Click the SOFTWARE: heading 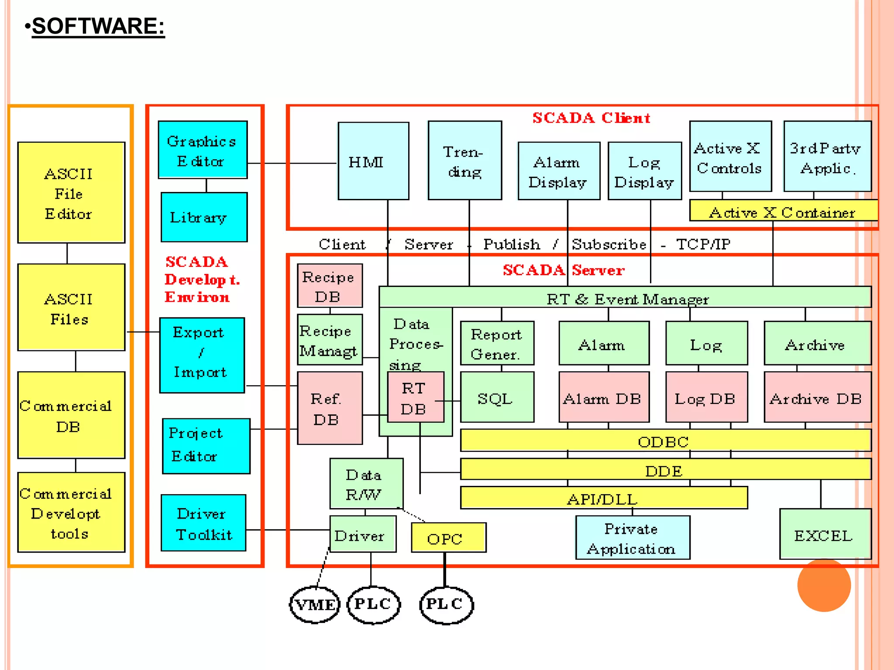(x=98, y=26)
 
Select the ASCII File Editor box (x=71, y=192)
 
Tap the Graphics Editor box (x=203, y=150)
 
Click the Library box (x=204, y=217)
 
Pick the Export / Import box (x=202, y=355)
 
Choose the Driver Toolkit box (x=203, y=523)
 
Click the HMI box (x=373, y=161)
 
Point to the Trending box (x=464, y=161)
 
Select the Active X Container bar (x=783, y=211)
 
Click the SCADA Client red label (x=591, y=118)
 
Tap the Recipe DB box (x=330, y=286)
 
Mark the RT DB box (x=415, y=397)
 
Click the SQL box (x=497, y=397)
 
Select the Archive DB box (x=817, y=397)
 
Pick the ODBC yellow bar (x=665, y=441)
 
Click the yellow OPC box (x=448, y=537)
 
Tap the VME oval (x=315, y=605)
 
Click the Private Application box (x=633, y=538)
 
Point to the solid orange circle (x=824, y=585)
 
